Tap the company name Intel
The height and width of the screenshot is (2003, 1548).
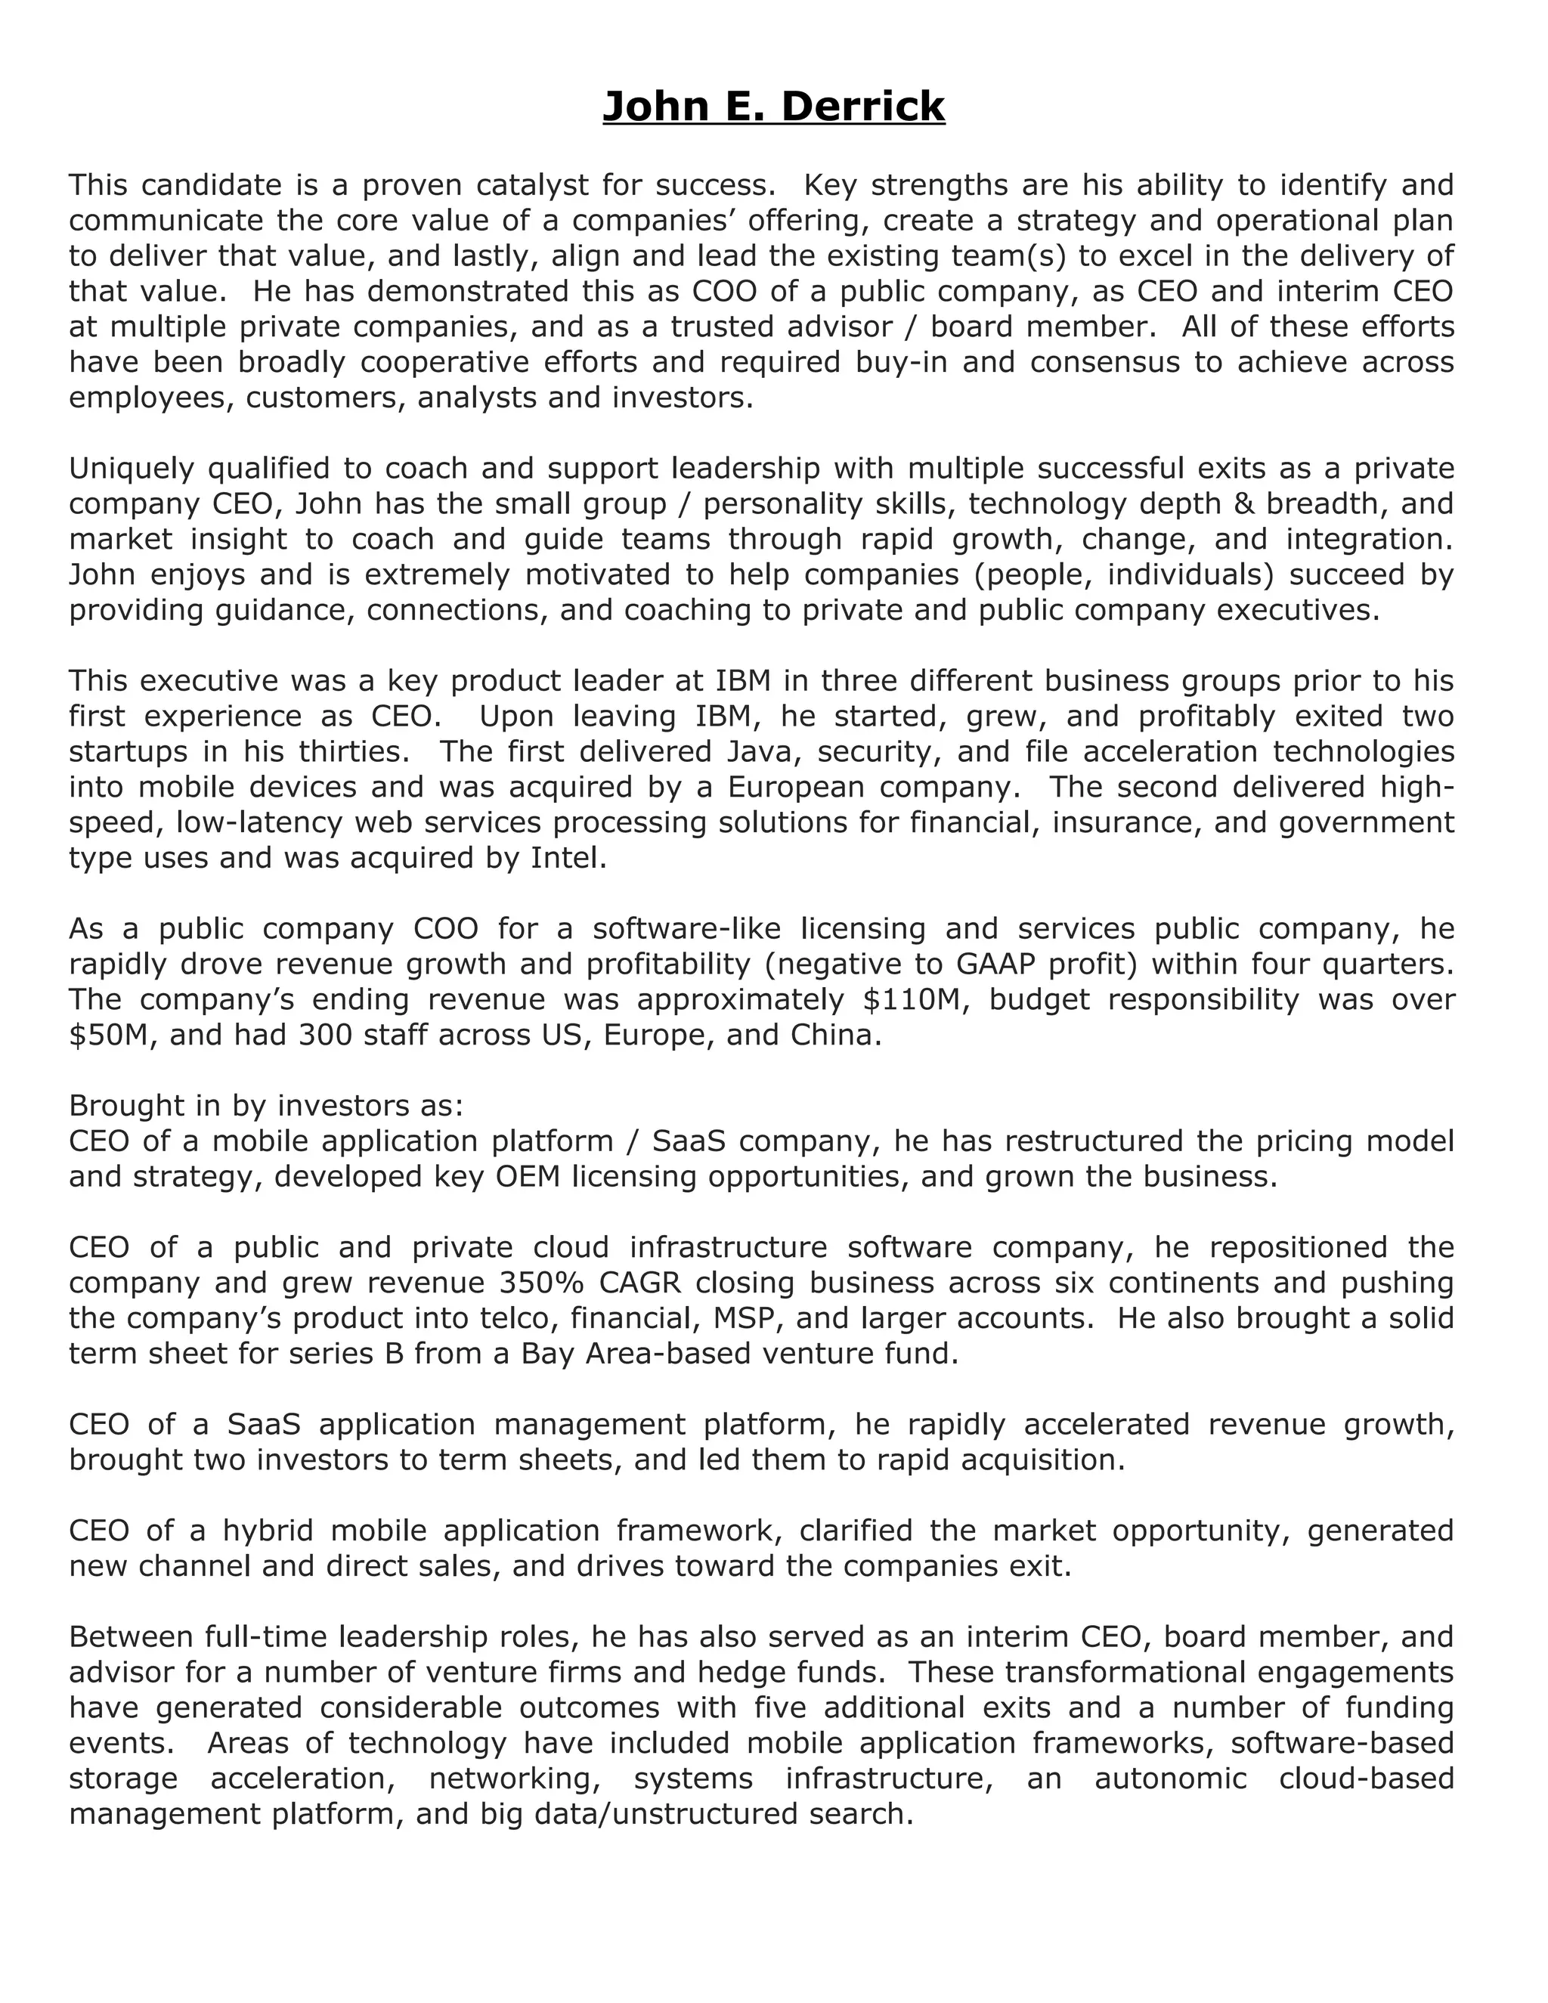click(568, 859)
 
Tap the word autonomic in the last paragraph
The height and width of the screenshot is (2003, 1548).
click(1170, 1779)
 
